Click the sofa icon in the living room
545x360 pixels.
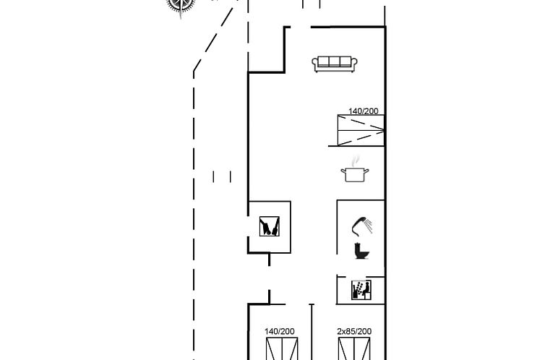(335, 64)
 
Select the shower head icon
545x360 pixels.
(362, 226)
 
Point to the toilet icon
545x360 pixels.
(361, 251)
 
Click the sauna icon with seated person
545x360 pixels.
(361, 290)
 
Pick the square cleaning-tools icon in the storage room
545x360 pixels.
(270, 226)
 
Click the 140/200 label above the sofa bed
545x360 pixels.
(364, 111)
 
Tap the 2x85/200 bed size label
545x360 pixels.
(354, 332)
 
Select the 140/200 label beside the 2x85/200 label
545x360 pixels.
(280, 332)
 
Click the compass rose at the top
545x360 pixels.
(181, 5)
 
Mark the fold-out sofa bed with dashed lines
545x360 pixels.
(361, 130)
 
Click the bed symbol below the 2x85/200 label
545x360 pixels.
(354, 348)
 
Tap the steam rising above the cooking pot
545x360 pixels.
(355, 161)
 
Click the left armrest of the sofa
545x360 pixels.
(315, 64)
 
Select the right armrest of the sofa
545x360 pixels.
(354, 64)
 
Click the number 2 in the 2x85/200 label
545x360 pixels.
(339, 332)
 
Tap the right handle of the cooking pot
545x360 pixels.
(366, 171)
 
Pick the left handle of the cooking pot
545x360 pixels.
(343, 171)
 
